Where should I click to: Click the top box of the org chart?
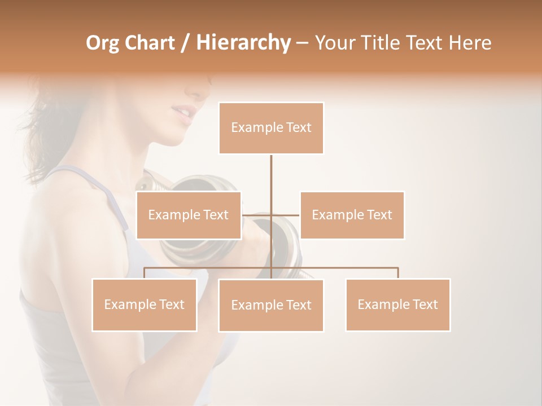pos(271,128)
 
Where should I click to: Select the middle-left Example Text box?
pos(189,215)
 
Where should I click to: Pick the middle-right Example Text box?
pos(352,215)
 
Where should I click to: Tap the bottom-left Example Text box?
pos(145,304)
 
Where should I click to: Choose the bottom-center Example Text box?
pos(271,305)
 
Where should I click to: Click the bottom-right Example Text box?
pos(397,304)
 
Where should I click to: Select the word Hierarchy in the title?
pos(243,43)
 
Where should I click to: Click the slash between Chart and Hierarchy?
pos(186,43)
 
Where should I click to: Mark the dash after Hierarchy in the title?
pos(302,43)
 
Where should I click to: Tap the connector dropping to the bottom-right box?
pos(398,272)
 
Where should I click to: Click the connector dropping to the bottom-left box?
pos(145,272)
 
